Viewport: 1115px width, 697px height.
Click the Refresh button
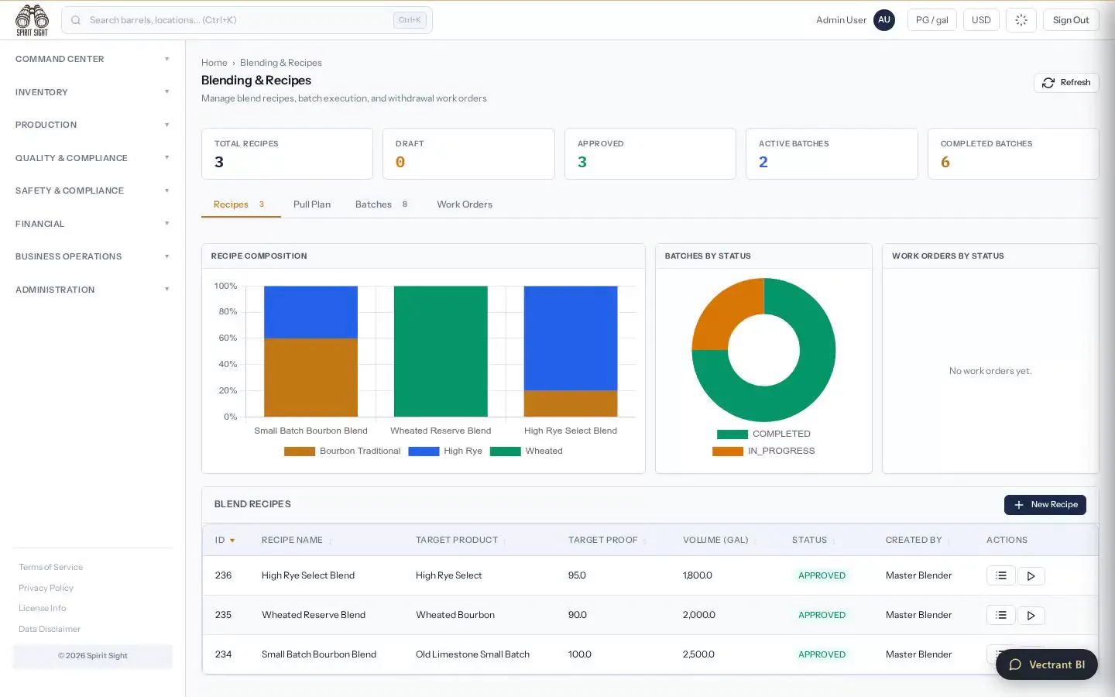coord(1066,83)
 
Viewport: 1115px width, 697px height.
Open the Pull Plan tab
coord(311,204)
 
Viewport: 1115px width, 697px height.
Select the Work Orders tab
coord(465,204)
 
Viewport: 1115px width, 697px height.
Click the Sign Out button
coord(1071,20)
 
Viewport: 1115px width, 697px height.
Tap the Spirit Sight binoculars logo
coord(32,20)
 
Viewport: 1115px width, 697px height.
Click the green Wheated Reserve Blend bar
coord(441,351)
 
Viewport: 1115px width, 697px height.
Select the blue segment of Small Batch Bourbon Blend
coord(310,312)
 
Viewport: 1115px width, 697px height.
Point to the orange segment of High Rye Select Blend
coord(571,403)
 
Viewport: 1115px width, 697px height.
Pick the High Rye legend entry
coord(445,451)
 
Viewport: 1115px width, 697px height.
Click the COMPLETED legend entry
coord(763,434)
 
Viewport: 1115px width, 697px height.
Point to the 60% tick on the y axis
coord(228,338)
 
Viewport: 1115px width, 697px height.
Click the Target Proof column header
coord(602,541)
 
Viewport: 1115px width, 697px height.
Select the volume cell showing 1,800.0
coord(698,575)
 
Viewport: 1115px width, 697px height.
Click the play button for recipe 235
coord(1031,616)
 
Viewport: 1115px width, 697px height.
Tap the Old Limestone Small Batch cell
coord(472,654)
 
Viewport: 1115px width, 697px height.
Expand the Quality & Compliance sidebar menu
coord(92,158)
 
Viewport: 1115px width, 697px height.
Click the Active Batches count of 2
coord(763,163)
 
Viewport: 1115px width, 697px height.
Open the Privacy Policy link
coord(46,588)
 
